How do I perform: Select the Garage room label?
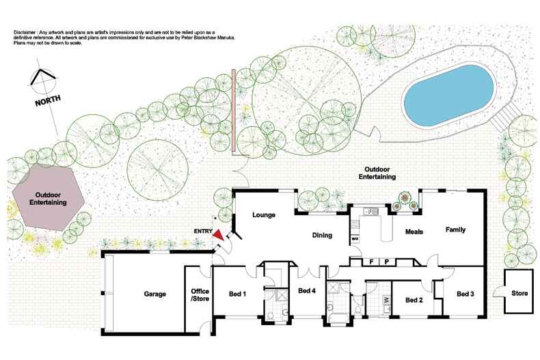(155, 294)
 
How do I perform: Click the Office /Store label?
(199, 294)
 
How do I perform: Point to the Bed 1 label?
(237, 294)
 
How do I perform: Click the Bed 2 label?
(415, 299)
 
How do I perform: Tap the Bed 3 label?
(465, 294)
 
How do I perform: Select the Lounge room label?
(263, 215)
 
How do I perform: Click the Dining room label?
(321, 236)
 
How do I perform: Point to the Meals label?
(415, 232)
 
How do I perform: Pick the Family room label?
(456, 230)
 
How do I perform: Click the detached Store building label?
(519, 294)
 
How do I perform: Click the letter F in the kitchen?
(371, 261)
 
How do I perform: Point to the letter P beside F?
(386, 261)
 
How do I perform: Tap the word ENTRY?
(204, 230)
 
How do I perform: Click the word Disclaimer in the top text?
(25, 32)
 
